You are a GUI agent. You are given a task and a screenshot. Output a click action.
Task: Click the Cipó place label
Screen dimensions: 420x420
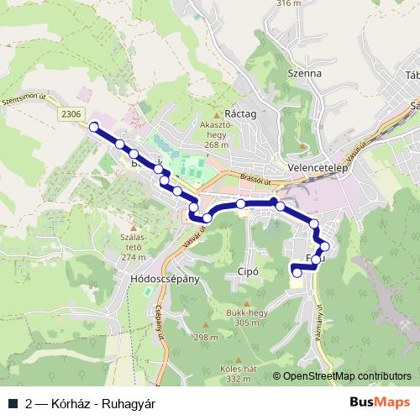pyautogui.click(x=248, y=272)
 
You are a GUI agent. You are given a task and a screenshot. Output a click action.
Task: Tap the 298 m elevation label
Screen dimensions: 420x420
pyautogui.click(x=206, y=337)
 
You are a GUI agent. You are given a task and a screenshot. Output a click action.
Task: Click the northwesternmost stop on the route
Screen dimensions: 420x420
pyautogui.click(x=94, y=128)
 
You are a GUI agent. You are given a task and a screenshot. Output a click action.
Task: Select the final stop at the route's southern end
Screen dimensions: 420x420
pyautogui.click(x=296, y=271)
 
